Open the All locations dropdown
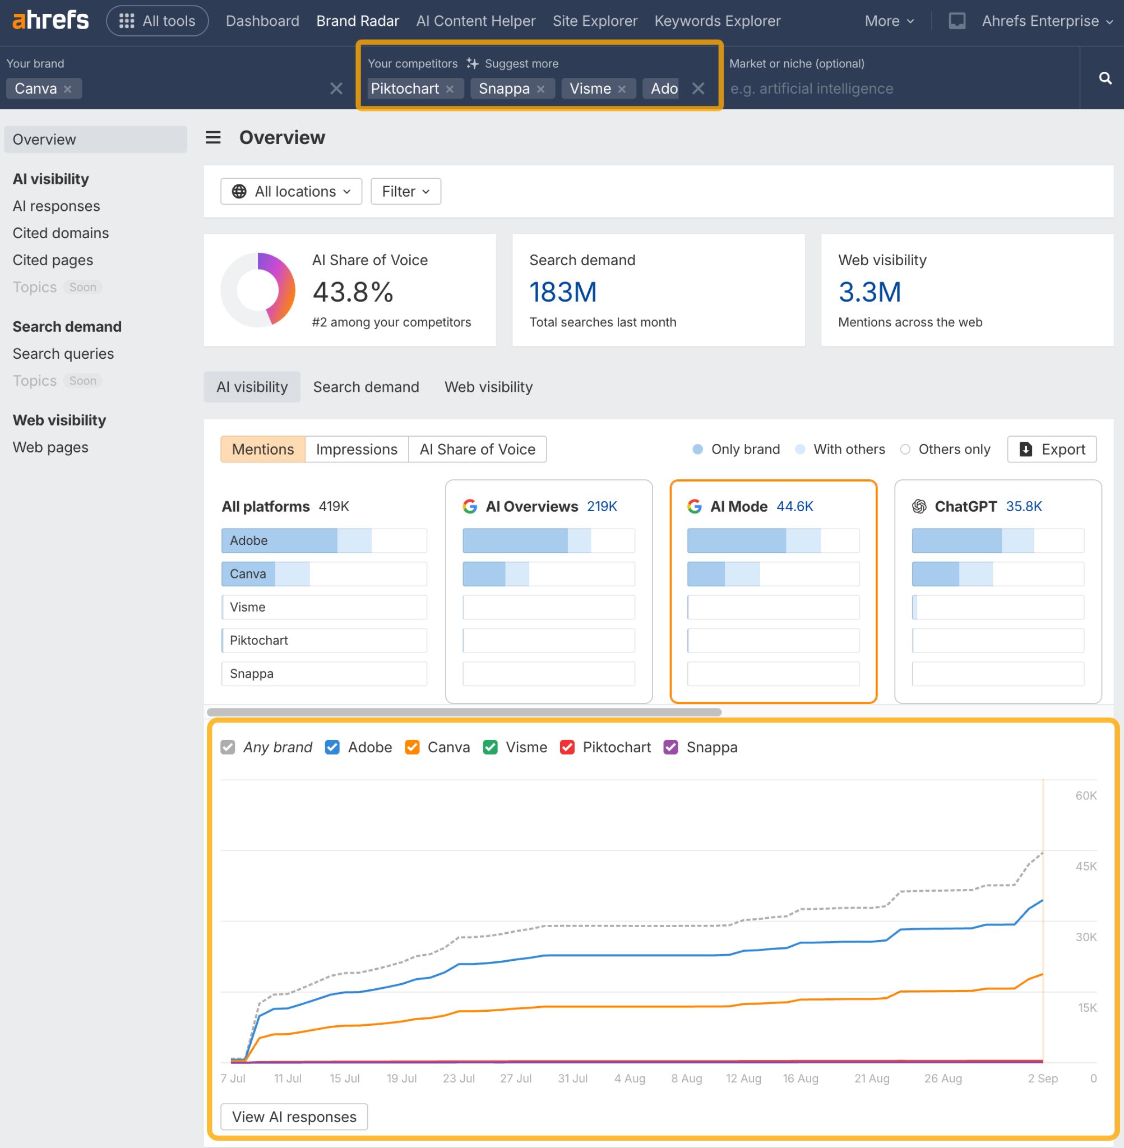click(291, 191)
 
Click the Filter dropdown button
click(405, 191)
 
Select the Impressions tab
click(357, 449)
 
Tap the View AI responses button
click(294, 1116)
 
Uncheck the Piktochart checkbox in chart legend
click(567, 747)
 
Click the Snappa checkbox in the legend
click(670, 747)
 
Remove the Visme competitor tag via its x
click(622, 89)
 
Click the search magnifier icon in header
click(1105, 78)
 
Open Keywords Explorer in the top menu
click(717, 21)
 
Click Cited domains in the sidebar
click(61, 233)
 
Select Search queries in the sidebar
click(63, 354)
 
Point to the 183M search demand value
click(563, 292)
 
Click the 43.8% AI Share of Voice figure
click(353, 292)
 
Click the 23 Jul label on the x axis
click(459, 1078)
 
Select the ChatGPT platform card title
click(965, 506)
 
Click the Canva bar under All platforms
click(266, 573)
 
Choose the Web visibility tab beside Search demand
click(488, 387)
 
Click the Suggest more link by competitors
click(521, 64)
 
